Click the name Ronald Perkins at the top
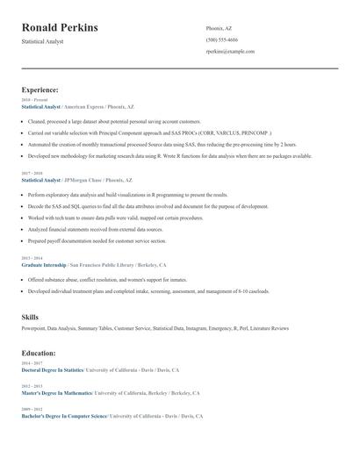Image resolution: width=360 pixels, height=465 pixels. click(60, 28)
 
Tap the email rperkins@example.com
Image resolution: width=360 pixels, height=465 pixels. click(230, 52)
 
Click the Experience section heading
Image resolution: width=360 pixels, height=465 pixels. click(40, 89)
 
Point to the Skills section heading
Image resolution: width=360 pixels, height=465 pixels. click(30, 316)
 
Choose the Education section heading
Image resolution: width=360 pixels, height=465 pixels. click(39, 353)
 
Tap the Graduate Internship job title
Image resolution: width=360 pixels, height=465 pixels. click(43, 264)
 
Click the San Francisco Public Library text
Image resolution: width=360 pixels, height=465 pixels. click(104, 264)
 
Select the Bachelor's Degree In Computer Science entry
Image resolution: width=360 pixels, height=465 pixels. click(63, 416)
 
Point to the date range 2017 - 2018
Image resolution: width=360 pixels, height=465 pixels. click(31, 174)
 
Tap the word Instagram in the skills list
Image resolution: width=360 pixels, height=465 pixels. click(202, 328)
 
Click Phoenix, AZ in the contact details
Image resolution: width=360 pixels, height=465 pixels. click(219, 28)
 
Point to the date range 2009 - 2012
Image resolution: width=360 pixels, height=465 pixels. click(31, 409)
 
